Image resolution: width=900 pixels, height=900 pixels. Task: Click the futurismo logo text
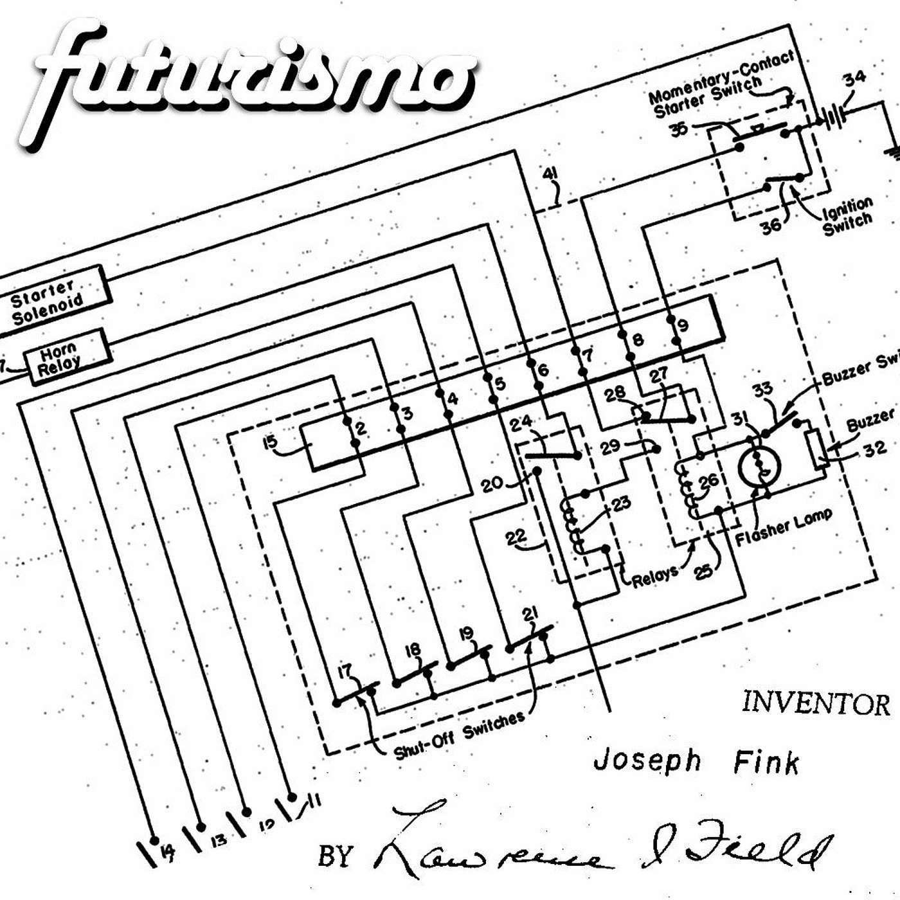pyautogui.click(x=251, y=80)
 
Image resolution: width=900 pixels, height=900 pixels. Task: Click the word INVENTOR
pyautogui.click(x=815, y=703)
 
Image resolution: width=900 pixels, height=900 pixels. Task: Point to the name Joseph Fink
pyautogui.click(x=696, y=761)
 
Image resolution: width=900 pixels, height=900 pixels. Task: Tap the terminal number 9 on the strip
pyautogui.click(x=683, y=325)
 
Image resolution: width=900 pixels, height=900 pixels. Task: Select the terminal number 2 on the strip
pyautogui.click(x=361, y=428)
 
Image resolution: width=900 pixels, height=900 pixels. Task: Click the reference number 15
pyautogui.click(x=270, y=442)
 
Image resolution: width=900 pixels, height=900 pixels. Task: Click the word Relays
pyautogui.click(x=654, y=577)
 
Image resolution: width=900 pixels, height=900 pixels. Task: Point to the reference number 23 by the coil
pyautogui.click(x=621, y=503)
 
